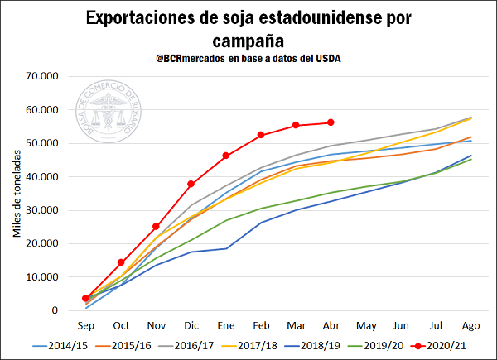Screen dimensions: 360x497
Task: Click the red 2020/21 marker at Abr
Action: (x=331, y=122)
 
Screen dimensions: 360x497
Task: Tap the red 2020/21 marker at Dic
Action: (x=191, y=184)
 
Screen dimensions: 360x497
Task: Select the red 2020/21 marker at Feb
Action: (x=261, y=135)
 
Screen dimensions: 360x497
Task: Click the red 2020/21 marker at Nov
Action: (x=156, y=226)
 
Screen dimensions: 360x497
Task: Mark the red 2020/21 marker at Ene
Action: (x=226, y=156)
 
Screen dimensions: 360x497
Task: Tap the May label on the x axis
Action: (x=366, y=324)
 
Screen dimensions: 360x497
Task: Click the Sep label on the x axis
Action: (x=86, y=324)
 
